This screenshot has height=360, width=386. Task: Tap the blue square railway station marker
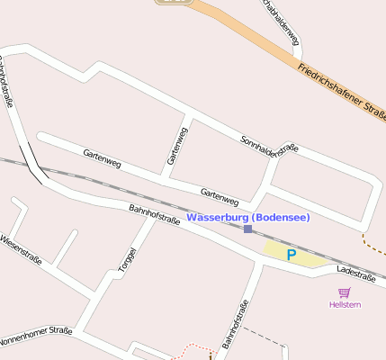(247, 229)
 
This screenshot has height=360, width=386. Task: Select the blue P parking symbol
(291, 255)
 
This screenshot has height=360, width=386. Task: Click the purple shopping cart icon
(344, 292)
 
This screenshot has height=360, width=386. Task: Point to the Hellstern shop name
(345, 304)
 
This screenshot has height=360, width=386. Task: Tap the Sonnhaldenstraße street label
(269, 144)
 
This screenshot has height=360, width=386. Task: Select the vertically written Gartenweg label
(177, 147)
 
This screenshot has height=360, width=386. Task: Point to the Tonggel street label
(128, 259)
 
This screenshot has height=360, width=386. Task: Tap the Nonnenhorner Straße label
(36, 336)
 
